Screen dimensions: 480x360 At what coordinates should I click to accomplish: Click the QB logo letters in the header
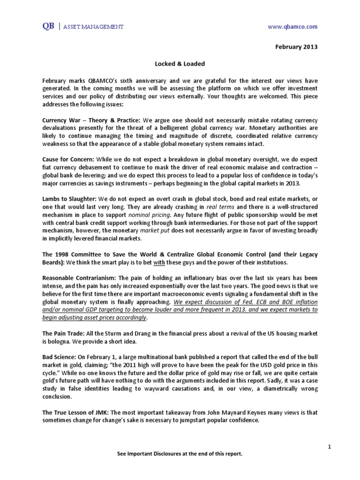click(x=47, y=27)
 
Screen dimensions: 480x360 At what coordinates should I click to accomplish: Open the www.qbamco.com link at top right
click(x=292, y=27)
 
